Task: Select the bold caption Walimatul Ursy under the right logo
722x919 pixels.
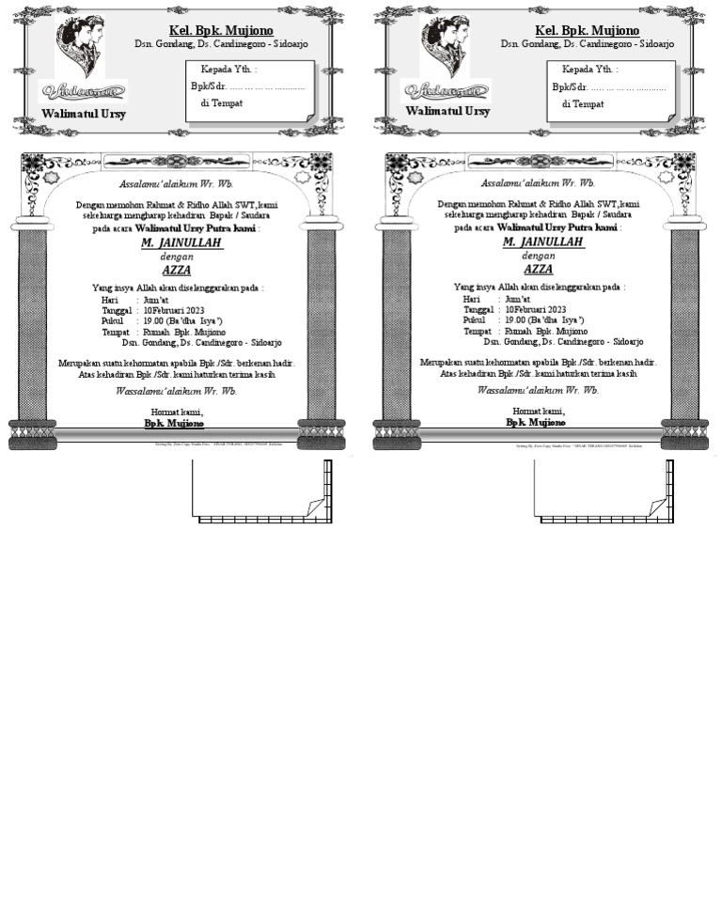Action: click(447, 111)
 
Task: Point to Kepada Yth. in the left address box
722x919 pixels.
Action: click(228, 70)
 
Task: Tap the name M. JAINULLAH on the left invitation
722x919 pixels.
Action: click(181, 242)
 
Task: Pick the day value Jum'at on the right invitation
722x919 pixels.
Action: click(518, 299)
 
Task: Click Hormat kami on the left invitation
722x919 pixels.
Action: click(177, 412)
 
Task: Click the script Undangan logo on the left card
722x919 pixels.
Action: click(82, 91)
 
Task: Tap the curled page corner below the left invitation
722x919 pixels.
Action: click(315, 507)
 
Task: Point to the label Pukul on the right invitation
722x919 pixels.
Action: click(474, 320)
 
